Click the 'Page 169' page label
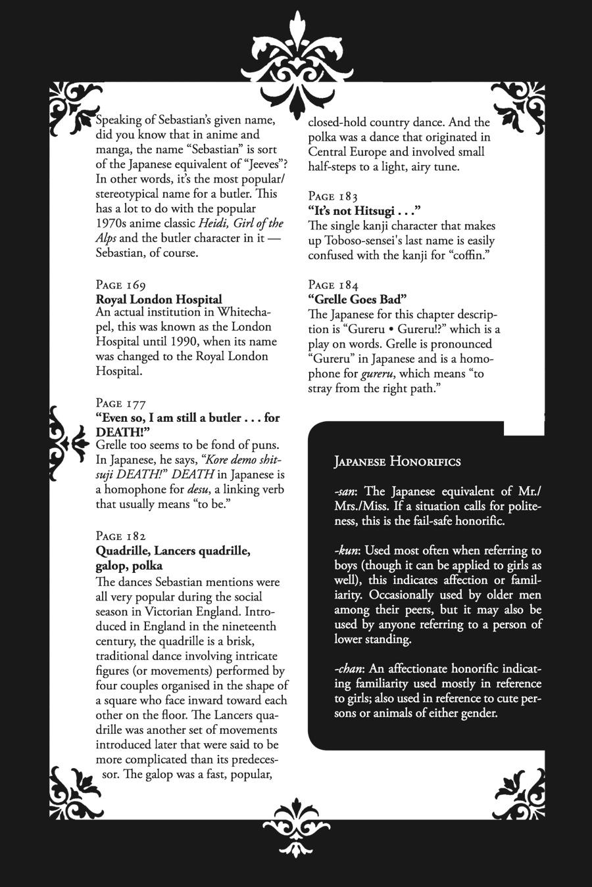click(x=121, y=285)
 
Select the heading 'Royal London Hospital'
click(x=159, y=300)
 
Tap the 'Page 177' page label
click(x=121, y=403)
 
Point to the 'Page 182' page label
click(x=121, y=536)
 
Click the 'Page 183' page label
click(x=333, y=196)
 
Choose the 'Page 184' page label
click(x=333, y=285)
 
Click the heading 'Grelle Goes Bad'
click(x=358, y=300)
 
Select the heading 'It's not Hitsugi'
click(x=364, y=211)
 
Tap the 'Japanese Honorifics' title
click(x=397, y=462)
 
